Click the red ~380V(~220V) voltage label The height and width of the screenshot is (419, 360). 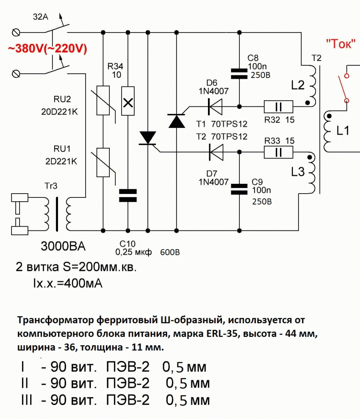click(47, 49)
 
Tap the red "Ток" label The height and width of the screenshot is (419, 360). click(340, 44)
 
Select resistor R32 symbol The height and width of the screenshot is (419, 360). click(278, 106)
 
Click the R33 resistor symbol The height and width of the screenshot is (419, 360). click(278, 151)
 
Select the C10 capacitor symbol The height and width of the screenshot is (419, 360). click(127, 195)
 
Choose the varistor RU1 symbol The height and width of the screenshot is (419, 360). click(104, 162)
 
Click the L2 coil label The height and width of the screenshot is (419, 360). click(298, 86)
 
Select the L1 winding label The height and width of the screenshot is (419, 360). click(343, 131)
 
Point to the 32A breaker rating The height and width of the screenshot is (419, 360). click(40, 18)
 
